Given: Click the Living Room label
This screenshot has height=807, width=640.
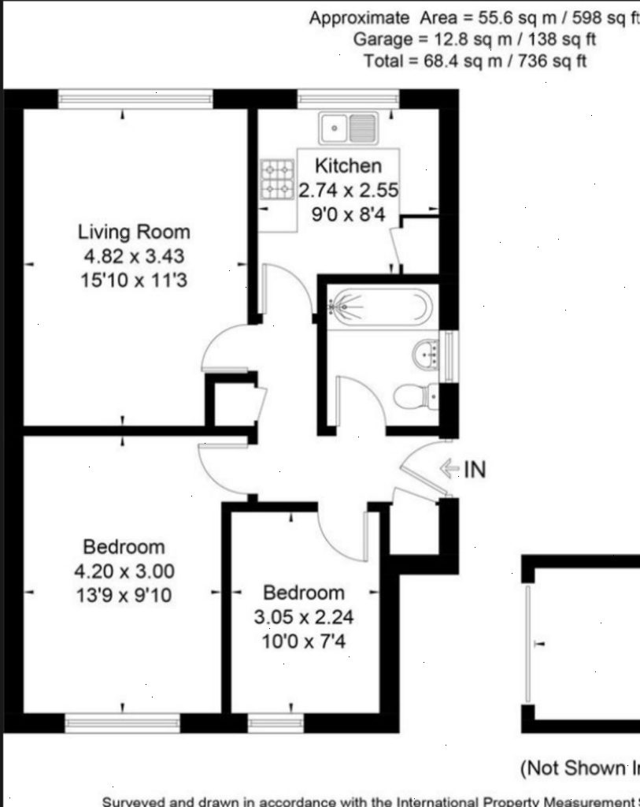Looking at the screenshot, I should tap(134, 232).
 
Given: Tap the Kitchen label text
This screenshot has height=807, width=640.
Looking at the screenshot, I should tap(348, 165).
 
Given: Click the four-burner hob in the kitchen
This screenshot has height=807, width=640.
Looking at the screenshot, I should tap(276, 179).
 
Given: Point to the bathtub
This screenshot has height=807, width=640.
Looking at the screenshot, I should tap(379, 306).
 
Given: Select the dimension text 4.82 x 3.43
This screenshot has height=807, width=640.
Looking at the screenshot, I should tap(134, 256).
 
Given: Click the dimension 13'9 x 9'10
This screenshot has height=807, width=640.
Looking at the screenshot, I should tap(124, 595).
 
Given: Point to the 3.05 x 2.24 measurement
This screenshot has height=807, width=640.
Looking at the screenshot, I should tap(303, 617).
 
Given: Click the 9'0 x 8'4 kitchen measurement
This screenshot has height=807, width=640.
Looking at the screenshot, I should tap(348, 214).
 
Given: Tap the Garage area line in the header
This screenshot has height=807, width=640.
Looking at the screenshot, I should tap(474, 39).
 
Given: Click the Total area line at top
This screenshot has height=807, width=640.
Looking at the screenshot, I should tap(474, 61).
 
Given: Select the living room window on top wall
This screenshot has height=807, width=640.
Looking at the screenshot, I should tap(135, 98).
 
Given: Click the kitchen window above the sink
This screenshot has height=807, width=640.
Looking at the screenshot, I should tap(348, 98).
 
